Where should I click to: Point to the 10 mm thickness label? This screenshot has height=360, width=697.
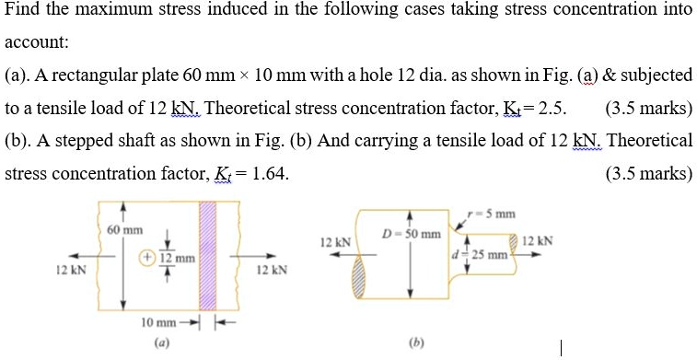pyautogui.click(x=157, y=322)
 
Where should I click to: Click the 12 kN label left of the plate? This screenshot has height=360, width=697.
pyautogui.click(x=71, y=271)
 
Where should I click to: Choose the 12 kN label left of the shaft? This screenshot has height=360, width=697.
pyautogui.click(x=333, y=242)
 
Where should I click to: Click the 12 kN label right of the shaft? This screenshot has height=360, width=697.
pyautogui.click(x=537, y=241)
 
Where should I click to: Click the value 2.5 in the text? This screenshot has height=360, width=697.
pyautogui.click(x=550, y=108)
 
